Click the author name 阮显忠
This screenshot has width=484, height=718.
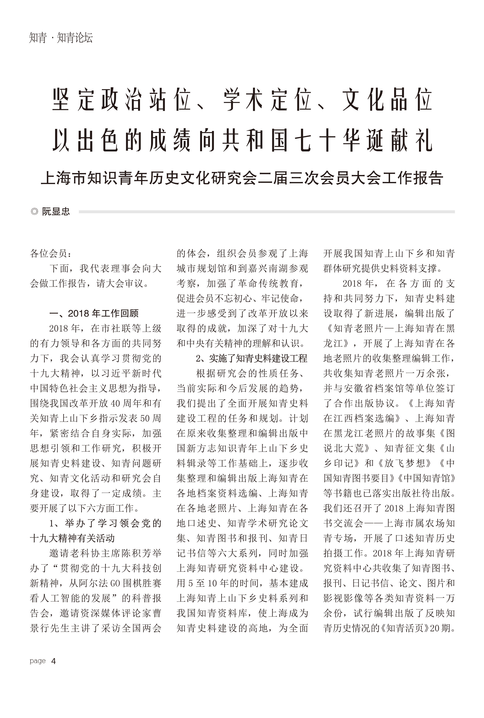(x=56, y=212)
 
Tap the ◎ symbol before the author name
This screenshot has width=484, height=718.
(x=35, y=212)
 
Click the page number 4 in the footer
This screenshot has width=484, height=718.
(x=53, y=661)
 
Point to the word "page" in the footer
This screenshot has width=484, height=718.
(x=38, y=661)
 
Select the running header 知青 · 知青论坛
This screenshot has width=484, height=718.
(x=61, y=38)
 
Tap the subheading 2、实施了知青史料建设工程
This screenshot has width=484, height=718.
(x=251, y=358)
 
